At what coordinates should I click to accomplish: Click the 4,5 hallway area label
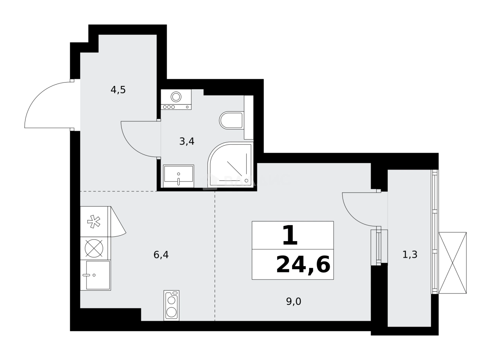pyautogui.click(x=118, y=90)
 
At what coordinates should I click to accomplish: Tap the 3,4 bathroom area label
pyautogui.click(x=187, y=141)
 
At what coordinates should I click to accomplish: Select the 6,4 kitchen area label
pyautogui.click(x=161, y=255)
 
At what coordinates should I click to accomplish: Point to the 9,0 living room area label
pyautogui.click(x=293, y=301)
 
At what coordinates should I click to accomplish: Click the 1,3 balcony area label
pyautogui.click(x=410, y=255)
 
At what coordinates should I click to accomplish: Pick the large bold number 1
pyautogui.click(x=290, y=236)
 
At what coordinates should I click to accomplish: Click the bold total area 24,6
pyautogui.click(x=303, y=265)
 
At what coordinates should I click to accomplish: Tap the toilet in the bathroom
pyautogui.click(x=231, y=120)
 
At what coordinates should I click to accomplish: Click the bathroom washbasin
pyautogui.click(x=179, y=175)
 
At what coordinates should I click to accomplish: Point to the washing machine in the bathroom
pyautogui.click(x=176, y=99)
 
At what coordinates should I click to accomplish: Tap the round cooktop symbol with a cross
pyautogui.click(x=94, y=248)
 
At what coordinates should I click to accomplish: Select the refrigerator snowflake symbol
pyautogui.click(x=94, y=221)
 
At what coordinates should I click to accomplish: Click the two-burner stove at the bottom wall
pyautogui.click(x=171, y=306)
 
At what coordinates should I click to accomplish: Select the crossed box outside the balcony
pyautogui.click(x=452, y=263)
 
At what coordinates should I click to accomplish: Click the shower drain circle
pyautogui.click(x=247, y=180)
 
